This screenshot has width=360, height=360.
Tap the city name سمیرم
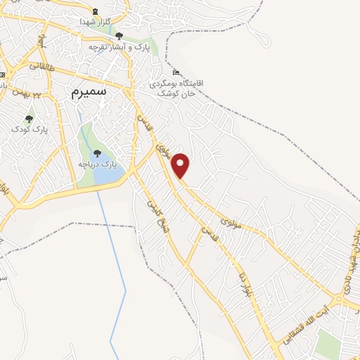click(x=89, y=91)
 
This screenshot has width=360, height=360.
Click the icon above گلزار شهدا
click(x=96, y=12)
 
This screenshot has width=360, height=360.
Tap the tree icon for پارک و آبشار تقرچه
click(x=119, y=36)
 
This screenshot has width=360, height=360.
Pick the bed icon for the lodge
click(x=176, y=73)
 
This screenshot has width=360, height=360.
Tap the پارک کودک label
click(x=27, y=129)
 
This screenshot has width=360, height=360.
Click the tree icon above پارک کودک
click(x=29, y=119)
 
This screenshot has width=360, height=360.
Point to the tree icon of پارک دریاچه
click(x=98, y=153)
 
